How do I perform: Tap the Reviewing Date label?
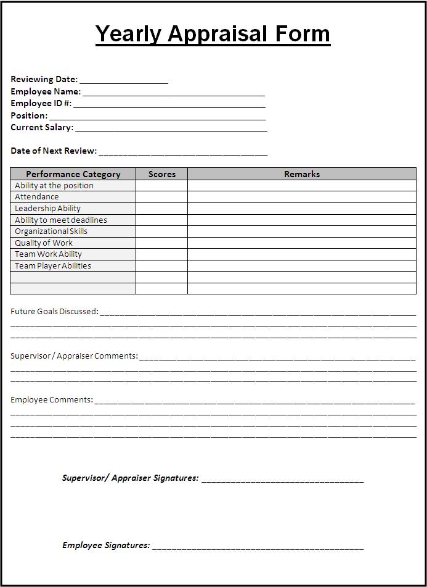44,79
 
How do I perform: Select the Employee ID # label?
41,103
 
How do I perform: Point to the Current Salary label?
42,127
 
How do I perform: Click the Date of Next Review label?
54,151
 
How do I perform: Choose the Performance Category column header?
73,174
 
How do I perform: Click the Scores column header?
162,174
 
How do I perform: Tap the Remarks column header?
302,174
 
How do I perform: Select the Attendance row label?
37,197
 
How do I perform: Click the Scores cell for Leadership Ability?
162,209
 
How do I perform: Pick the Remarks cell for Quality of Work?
302,243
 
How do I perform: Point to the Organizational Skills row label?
51,231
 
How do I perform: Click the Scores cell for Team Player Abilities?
162,266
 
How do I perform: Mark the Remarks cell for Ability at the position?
302,186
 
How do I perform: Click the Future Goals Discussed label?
54,312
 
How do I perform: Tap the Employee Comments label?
52,400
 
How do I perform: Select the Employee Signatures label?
106,545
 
